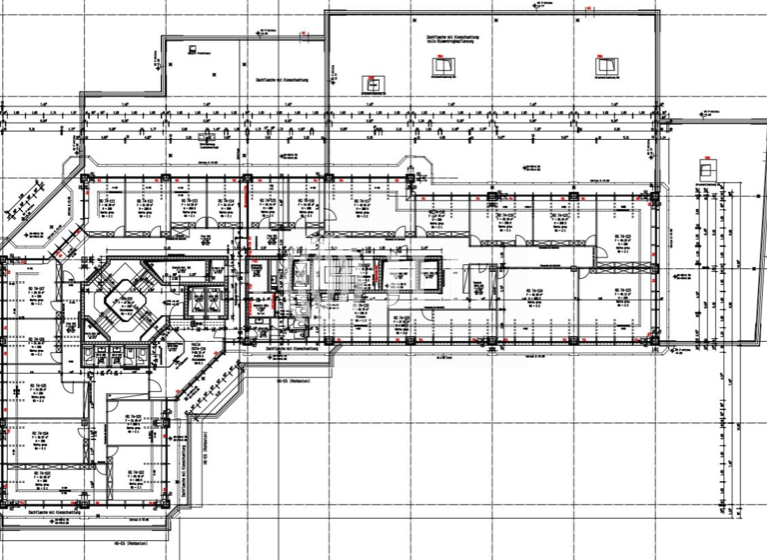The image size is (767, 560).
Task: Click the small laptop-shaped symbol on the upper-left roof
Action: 189,48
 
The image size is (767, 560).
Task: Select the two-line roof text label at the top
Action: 454,41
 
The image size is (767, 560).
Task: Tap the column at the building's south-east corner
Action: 656,346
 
